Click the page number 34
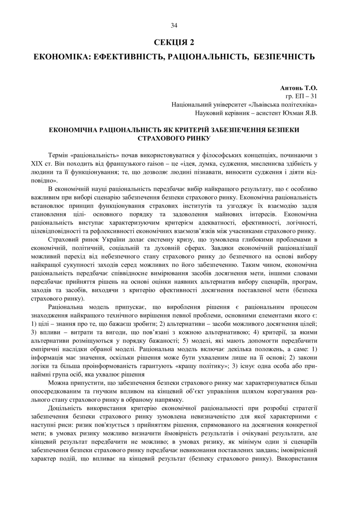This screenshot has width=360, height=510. click(x=174, y=26)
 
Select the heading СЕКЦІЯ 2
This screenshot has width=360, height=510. click(x=174, y=43)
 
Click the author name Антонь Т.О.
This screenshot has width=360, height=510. click(x=299, y=88)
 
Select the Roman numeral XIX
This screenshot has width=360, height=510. click(x=37, y=164)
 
